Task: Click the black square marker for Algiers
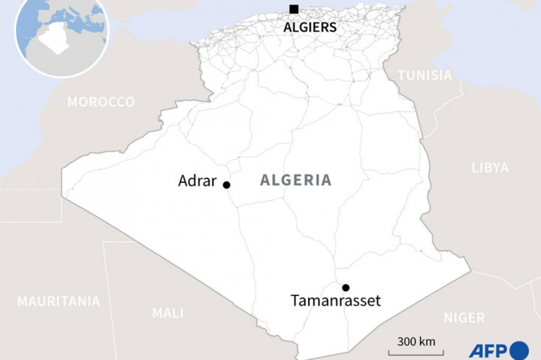click(x=293, y=9)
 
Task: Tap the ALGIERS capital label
click(x=310, y=27)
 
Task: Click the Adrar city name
click(x=198, y=181)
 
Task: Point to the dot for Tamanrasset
click(x=346, y=287)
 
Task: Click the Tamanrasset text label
click(x=335, y=301)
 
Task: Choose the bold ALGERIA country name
click(x=295, y=180)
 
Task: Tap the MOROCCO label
click(x=101, y=101)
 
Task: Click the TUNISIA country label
click(x=425, y=76)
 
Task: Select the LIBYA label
click(x=489, y=168)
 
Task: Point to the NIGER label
click(x=464, y=318)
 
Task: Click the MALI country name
click(x=168, y=313)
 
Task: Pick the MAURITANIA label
click(x=59, y=301)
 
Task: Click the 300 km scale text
click(x=416, y=340)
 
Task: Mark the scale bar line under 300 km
click(x=416, y=352)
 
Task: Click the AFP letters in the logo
click(x=488, y=350)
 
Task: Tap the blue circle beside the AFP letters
click(x=520, y=350)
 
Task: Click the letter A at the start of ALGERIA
click(x=264, y=180)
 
